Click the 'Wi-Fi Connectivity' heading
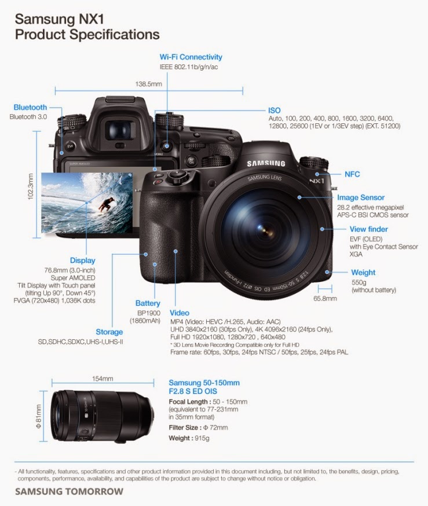(x=191, y=57)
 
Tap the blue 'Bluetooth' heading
(x=30, y=107)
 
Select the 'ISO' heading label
(x=274, y=110)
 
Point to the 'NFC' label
(x=352, y=174)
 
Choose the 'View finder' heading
(x=368, y=229)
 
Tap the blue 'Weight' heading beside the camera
(x=363, y=272)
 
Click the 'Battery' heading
(x=148, y=303)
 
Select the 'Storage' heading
(x=109, y=332)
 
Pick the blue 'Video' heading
(x=180, y=313)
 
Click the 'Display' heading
(x=82, y=261)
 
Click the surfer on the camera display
(x=105, y=203)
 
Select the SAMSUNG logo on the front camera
(x=266, y=164)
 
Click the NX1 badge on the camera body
(x=316, y=181)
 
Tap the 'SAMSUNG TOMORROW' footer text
(x=69, y=492)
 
